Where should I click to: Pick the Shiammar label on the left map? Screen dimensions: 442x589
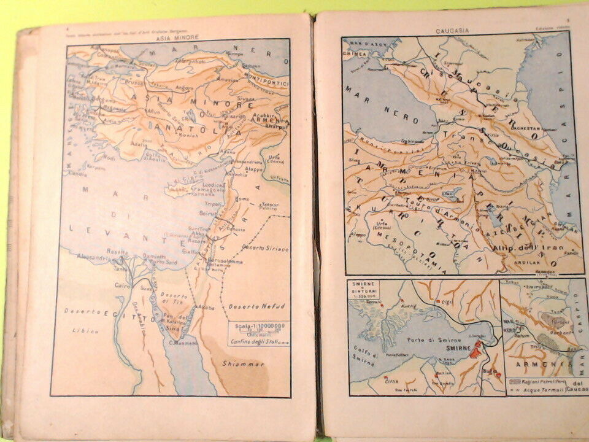coord(244,364)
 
